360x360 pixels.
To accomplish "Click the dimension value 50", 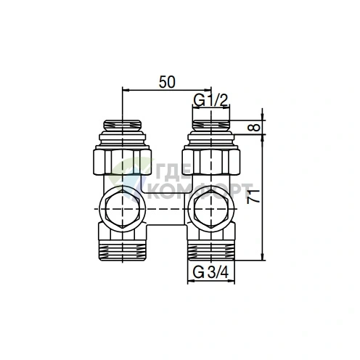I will click(x=166, y=82).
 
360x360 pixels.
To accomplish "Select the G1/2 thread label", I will click(x=210, y=99).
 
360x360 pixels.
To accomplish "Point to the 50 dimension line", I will click(x=166, y=91).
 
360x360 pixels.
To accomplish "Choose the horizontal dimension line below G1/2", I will click(x=210, y=107).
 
